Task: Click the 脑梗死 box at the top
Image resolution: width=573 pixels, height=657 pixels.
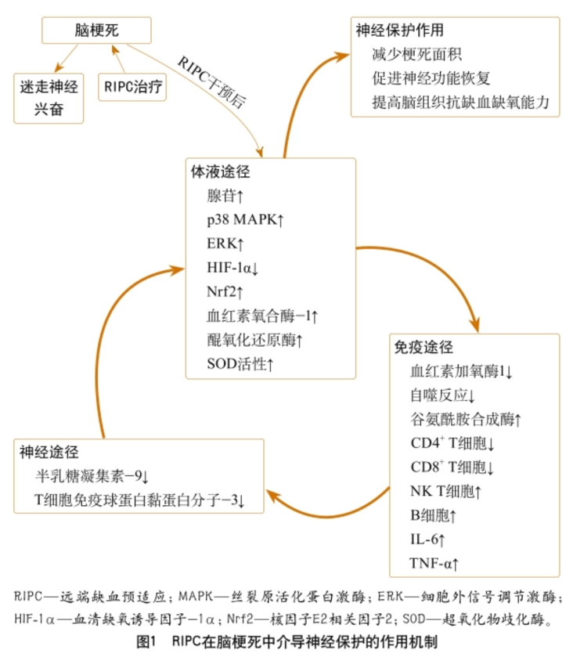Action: click(96, 31)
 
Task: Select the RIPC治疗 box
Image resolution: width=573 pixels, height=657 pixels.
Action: click(132, 87)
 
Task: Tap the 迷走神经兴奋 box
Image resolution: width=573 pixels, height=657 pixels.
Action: click(49, 99)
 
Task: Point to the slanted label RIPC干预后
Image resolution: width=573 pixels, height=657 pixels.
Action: click(212, 81)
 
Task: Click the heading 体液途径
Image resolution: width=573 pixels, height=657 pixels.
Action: click(220, 171)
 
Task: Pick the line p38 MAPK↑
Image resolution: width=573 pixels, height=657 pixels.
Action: click(246, 219)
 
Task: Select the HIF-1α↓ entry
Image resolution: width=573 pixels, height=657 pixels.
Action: click(233, 268)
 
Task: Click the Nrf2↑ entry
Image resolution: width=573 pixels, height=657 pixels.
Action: click(225, 291)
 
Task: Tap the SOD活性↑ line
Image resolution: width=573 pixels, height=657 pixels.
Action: click(240, 363)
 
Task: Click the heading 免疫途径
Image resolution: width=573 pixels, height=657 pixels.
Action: click(423, 348)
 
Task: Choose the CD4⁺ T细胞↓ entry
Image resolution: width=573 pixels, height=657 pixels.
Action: click(452, 443)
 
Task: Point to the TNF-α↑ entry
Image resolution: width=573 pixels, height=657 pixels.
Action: click(434, 564)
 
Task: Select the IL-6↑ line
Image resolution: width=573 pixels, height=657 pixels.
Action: click(427, 540)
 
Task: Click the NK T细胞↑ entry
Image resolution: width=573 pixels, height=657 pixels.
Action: click(445, 491)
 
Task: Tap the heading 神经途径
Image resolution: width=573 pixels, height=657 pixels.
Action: click(49, 452)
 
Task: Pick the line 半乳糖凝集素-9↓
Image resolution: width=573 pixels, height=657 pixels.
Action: click(92, 476)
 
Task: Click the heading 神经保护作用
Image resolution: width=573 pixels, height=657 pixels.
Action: click(399, 31)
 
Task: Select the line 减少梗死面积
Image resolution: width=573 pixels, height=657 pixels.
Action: click(416, 55)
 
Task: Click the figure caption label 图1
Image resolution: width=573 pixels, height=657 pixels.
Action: click(146, 641)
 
